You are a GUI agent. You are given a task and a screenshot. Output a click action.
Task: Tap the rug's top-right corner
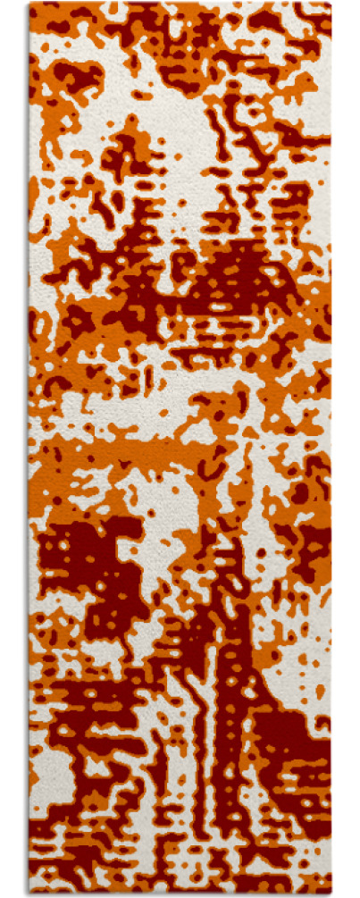330,4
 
